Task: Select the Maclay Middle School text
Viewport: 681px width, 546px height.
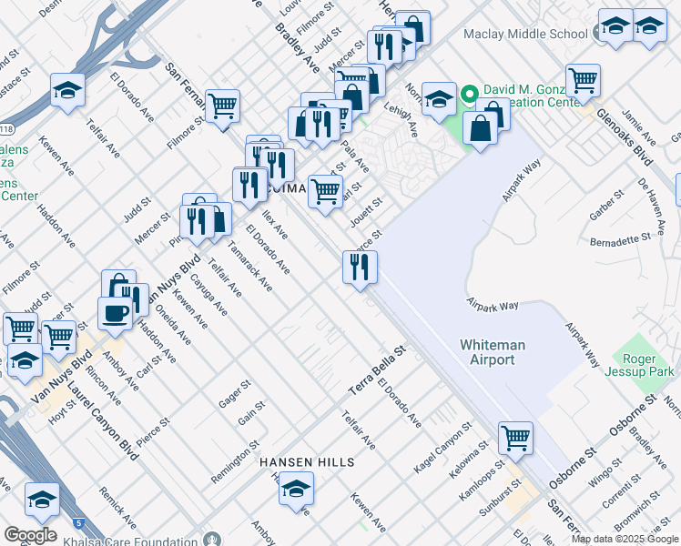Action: [x=525, y=34]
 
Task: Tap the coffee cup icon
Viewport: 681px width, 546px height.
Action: [x=115, y=313]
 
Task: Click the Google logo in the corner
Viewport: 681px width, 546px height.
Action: [x=30, y=535]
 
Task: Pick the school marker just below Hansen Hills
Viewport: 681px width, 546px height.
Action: [x=295, y=490]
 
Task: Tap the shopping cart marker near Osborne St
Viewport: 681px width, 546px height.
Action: [x=515, y=438]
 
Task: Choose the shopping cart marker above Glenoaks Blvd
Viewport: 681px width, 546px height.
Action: [x=582, y=79]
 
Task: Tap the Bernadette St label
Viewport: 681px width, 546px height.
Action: [x=621, y=241]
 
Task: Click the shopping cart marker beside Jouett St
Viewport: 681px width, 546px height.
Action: [x=325, y=192]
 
